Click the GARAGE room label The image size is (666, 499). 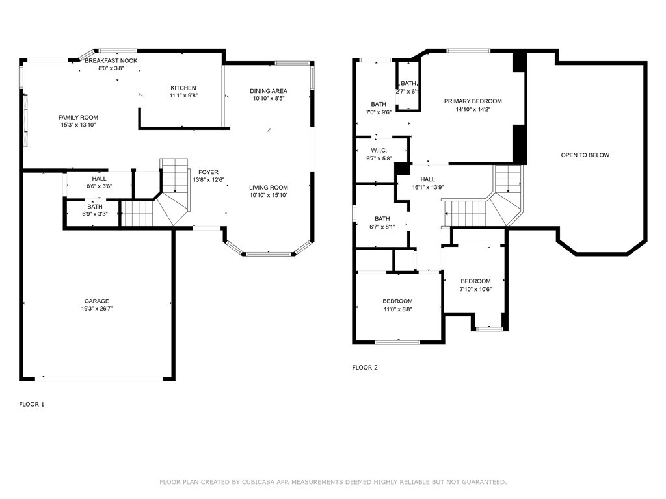pyautogui.click(x=96, y=301)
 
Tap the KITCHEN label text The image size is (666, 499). pyautogui.click(x=183, y=88)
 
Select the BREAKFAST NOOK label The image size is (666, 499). pyautogui.click(x=111, y=60)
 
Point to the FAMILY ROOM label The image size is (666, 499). pyautogui.click(x=78, y=118)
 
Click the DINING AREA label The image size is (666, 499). pyautogui.click(x=269, y=91)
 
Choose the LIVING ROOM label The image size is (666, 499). pyautogui.click(x=269, y=187)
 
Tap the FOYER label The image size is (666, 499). pyautogui.click(x=209, y=172)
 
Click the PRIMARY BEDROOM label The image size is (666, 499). pyautogui.click(x=473, y=101)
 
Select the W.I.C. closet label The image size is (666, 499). pyautogui.click(x=379, y=150)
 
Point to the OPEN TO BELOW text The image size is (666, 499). pyautogui.click(x=585, y=155)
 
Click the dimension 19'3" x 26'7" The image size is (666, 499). pyautogui.click(x=96, y=309)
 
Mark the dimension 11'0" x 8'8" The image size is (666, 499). pyautogui.click(x=397, y=309)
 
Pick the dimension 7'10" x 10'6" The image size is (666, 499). pyautogui.click(x=475, y=290)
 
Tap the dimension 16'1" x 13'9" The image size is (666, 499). pyautogui.click(x=427, y=187)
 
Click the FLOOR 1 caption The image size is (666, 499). pyautogui.click(x=32, y=404)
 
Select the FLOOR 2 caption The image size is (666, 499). pyautogui.click(x=365, y=368)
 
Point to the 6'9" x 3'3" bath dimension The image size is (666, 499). pyautogui.click(x=95, y=214)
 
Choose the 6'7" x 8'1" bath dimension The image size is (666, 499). pyautogui.click(x=382, y=227)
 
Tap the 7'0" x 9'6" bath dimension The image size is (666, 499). pyautogui.click(x=379, y=112)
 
